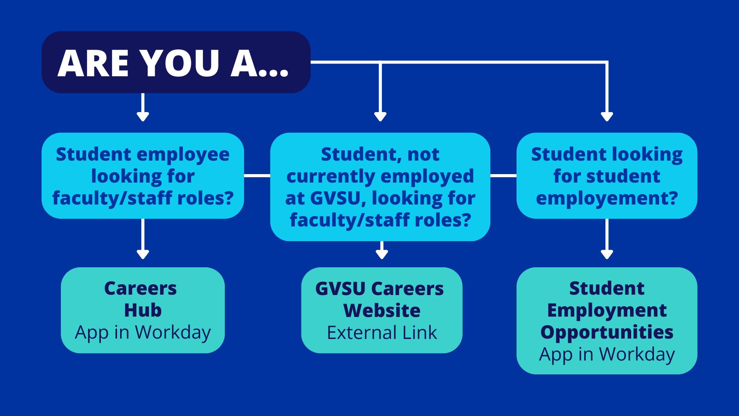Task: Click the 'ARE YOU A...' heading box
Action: pyautogui.click(x=176, y=62)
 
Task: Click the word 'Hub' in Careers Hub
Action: pyautogui.click(x=143, y=310)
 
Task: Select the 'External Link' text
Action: pyautogui.click(x=382, y=333)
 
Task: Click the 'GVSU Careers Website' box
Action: pyautogui.click(x=382, y=310)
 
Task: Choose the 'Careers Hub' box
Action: pyautogui.click(x=143, y=310)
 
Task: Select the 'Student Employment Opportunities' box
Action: pyautogui.click(x=607, y=320)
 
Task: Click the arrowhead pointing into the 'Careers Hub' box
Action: pyautogui.click(x=143, y=254)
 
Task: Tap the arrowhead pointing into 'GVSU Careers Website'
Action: pyautogui.click(x=382, y=254)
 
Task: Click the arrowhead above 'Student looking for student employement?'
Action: pyautogui.click(x=607, y=116)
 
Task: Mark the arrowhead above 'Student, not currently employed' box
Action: pyautogui.click(x=380, y=116)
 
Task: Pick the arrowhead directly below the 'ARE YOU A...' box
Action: pyautogui.click(x=143, y=116)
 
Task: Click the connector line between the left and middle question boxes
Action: pyautogui.click(x=257, y=176)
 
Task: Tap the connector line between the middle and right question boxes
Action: pyautogui.click(x=503, y=176)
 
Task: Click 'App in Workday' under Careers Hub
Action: pyautogui.click(x=143, y=333)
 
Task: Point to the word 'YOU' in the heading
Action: pyautogui.click(x=179, y=63)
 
